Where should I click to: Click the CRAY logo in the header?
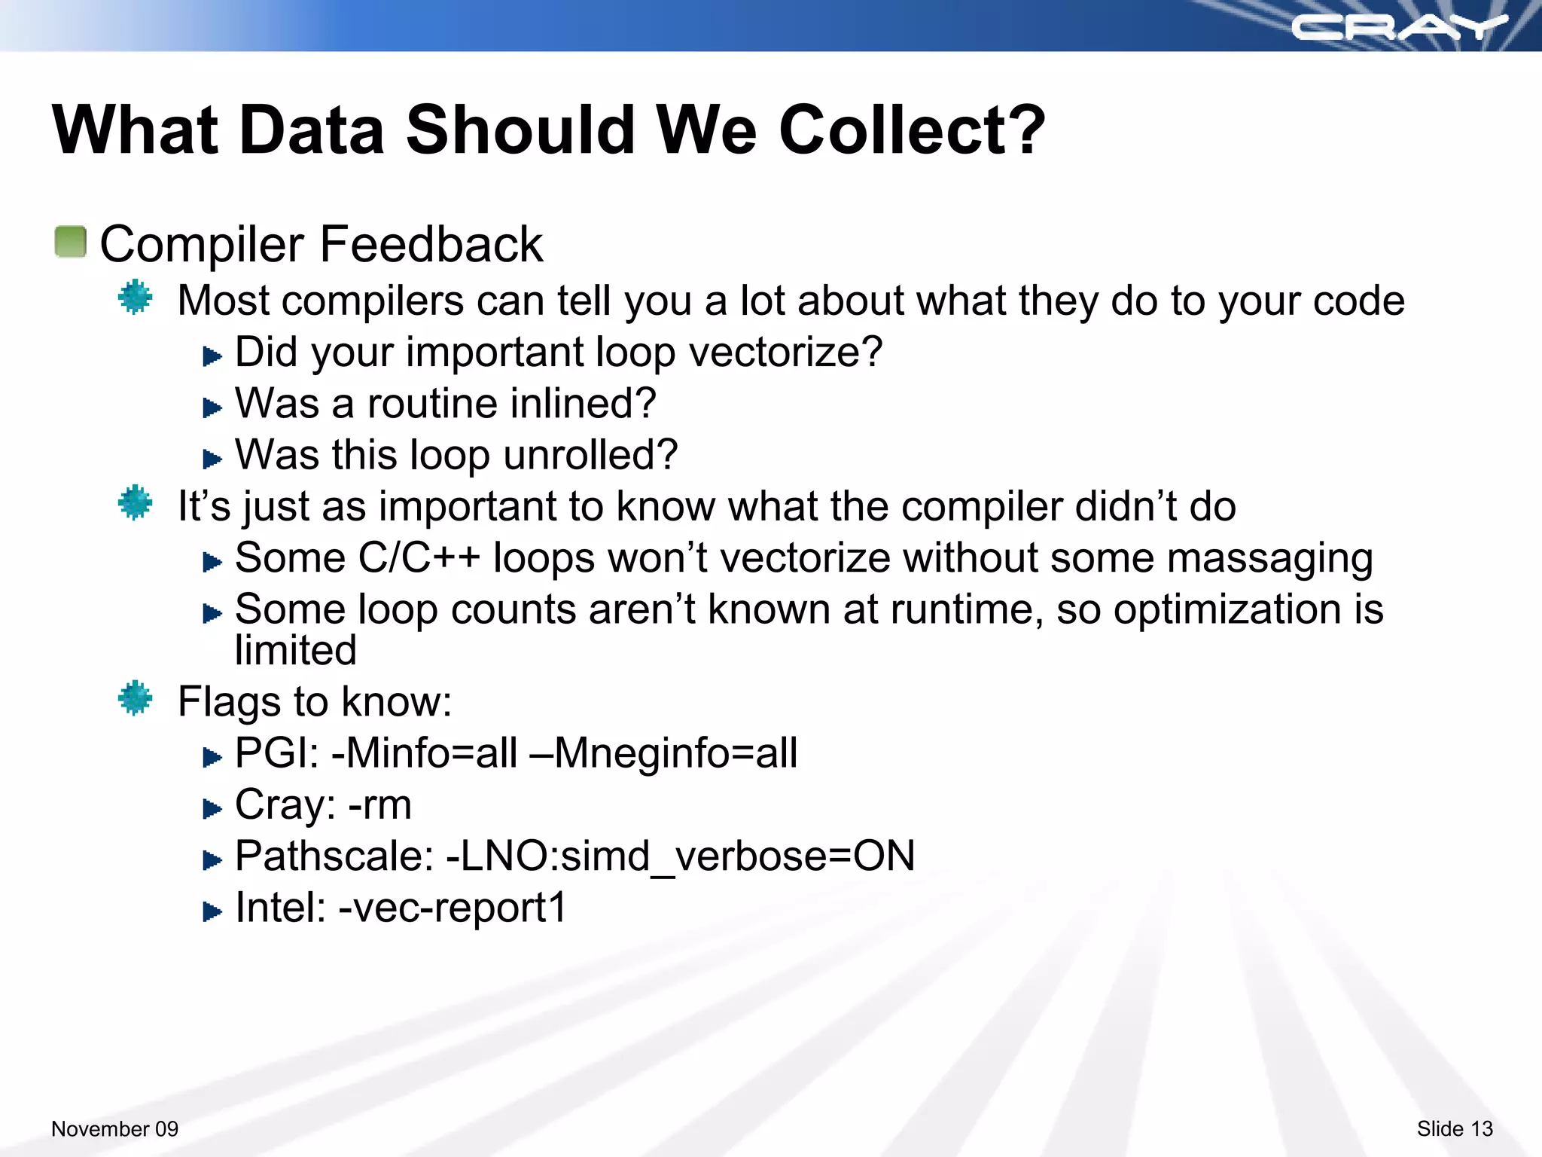point(1399,27)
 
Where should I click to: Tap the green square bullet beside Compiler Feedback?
point(71,242)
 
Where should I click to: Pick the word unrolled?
point(590,455)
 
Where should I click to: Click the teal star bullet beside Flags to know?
point(136,698)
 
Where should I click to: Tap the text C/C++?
point(419,558)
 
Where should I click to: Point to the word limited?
point(295,651)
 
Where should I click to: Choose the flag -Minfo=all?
point(425,753)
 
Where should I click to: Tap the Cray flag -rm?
point(379,805)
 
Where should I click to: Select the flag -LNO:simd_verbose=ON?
point(681,856)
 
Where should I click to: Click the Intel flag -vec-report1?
point(452,908)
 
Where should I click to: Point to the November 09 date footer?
point(114,1128)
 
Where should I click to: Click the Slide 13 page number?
point(1454,1128)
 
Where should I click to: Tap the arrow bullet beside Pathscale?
point(212,859)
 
